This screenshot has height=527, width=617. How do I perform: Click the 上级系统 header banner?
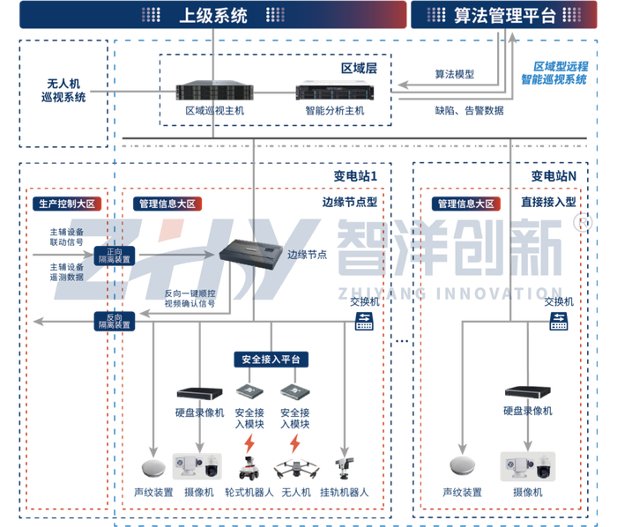pos(213,15)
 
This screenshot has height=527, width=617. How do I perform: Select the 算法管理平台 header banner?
pos(503,15)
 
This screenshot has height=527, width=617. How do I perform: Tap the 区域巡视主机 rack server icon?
pos(214,92)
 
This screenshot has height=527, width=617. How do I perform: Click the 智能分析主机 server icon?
pos(335,92)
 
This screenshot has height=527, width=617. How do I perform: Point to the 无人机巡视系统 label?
pos(63,91)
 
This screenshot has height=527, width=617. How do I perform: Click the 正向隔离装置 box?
pos(115,256)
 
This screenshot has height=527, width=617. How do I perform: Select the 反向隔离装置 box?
pos(115,321)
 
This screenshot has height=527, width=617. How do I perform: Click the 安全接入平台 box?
pos(271,359)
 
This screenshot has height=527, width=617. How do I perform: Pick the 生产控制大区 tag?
pos(67,204)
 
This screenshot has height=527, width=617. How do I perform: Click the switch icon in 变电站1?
pos(364,321)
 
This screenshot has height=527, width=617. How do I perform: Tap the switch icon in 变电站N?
pos(558,321)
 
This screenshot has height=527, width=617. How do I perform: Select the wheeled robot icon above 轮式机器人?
pos(249,469)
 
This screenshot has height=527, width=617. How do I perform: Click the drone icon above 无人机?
pos(296,469)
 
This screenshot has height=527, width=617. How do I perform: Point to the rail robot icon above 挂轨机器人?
pos(345,469)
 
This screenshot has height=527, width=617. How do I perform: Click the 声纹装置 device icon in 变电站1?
pos(153,468)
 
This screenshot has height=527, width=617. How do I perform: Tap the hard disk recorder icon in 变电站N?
pos(528,391)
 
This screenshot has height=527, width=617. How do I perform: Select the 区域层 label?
pos(359,68)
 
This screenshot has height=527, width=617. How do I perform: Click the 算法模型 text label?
pos(455,74)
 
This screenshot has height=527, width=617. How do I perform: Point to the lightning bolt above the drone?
pos(295,443)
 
